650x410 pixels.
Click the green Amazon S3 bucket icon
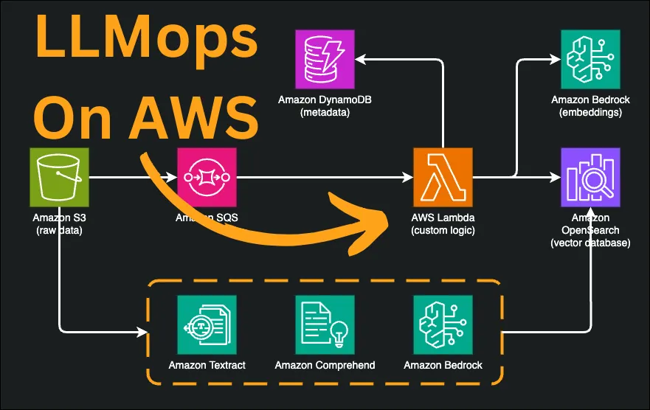coord(59,177)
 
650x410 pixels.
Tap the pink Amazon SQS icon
coord(207,177)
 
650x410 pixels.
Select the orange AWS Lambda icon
coord(443,177)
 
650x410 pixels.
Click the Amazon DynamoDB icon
coord(325,59)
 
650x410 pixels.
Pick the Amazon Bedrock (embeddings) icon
coord(590,59)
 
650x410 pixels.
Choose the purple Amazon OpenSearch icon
coord(590,177)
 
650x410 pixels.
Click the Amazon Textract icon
coord(207,324)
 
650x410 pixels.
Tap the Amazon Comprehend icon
coord(325,324)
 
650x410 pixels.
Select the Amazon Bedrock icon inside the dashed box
coord(443,324)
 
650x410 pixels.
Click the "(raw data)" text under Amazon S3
coord(59,230)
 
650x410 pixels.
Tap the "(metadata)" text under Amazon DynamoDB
coord(325,112)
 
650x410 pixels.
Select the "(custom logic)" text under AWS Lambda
coord(443,230)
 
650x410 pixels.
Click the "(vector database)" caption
coord(590,243)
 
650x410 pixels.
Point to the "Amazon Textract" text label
coord(207,365)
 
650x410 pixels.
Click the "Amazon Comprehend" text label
coord(325,365)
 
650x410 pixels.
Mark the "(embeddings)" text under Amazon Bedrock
coord(590,112)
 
